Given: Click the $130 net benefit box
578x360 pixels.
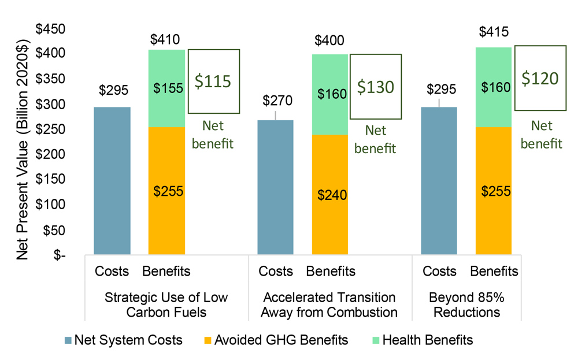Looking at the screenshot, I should pos(375,87).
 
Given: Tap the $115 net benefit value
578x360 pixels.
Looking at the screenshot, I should pos(213,81).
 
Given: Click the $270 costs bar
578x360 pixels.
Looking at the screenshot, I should pos(275,187).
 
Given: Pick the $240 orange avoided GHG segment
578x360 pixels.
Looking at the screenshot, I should pos(330,194).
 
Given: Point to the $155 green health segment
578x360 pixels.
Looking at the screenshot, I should pos(167,88).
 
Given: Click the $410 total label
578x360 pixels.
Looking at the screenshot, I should pos(166,40).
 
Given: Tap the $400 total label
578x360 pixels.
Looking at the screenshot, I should pos(329,41).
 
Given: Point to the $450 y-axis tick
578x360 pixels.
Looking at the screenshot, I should pos(51,28).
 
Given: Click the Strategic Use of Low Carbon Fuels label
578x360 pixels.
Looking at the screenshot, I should pos(166,305).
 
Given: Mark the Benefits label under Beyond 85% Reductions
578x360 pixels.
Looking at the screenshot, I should pos(494,271).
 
